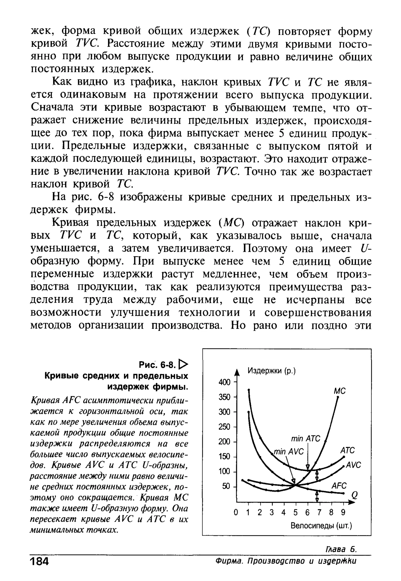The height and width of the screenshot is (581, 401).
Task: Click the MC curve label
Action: tap(340, 391)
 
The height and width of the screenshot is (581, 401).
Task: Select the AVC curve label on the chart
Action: tap(353, 465)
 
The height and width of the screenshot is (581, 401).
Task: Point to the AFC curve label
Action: tap(339, 485)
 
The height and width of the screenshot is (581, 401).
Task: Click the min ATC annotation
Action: tap(305, 438)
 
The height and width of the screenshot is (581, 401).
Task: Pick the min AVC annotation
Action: tap(288, 452)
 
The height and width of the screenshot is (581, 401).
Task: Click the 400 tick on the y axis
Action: tap(224, 382)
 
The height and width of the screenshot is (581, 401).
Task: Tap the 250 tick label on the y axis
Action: tap(224, 427)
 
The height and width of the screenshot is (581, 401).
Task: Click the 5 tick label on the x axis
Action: tap(295, 512)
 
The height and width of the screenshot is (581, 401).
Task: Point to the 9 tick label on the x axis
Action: tap(343, 512)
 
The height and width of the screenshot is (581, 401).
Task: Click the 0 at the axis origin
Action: tap(236, 512)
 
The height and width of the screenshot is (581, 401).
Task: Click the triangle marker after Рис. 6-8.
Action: tap(183, 364)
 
